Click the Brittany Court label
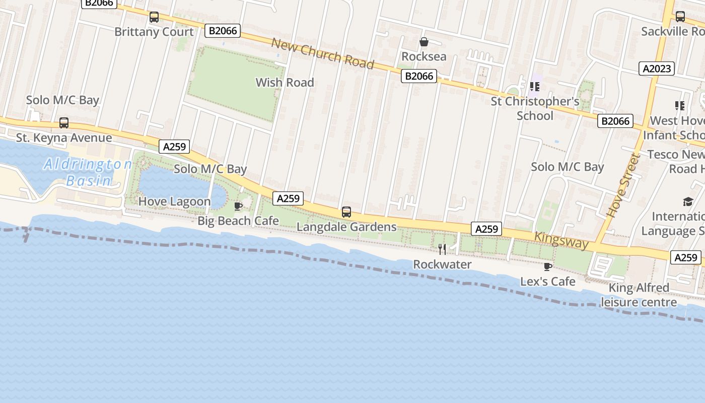154,32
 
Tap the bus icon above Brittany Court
154,17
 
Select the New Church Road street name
322,53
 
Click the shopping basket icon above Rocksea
424,42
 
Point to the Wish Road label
285,83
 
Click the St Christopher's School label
535,108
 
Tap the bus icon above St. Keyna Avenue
64,123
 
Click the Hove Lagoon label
174,201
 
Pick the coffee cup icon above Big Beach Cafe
238,206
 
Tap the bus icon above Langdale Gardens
346,212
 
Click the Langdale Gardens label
346,227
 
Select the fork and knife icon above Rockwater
442,249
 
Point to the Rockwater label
442,264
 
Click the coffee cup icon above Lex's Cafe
548,266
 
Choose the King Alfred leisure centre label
639,295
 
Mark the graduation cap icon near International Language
688,202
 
